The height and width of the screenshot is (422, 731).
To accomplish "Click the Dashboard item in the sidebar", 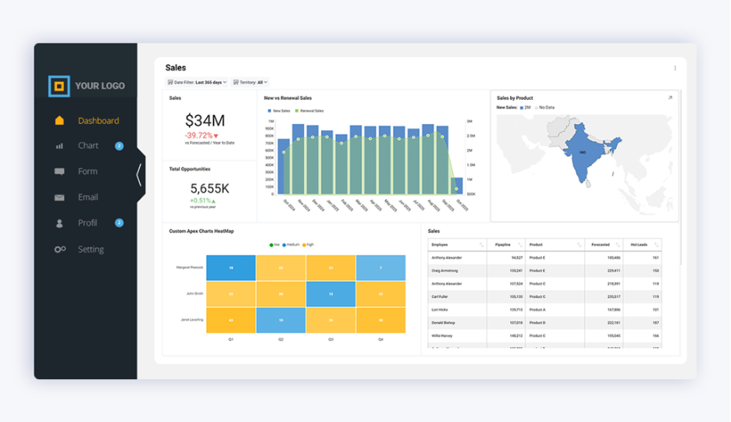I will click(98, 121).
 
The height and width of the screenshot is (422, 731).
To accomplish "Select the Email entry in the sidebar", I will click(87, 197).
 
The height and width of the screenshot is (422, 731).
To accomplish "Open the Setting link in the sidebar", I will click(90, 250).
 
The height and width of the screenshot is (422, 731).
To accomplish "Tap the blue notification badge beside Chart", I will click(119, 146).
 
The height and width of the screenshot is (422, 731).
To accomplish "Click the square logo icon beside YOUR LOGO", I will click(59, 86).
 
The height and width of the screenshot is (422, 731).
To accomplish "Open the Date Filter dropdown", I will click(198, 82).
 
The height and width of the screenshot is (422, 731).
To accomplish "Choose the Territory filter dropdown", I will click(250, 82).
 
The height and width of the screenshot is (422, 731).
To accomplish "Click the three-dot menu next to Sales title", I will click(676, 69).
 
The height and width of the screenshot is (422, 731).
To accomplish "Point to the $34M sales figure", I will click(205, 120).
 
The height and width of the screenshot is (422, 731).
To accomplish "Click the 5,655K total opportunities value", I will click(209, 189).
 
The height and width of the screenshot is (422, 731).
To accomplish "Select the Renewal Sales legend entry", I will click(310, 111).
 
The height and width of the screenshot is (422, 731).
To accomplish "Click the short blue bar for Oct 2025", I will click(457, 186).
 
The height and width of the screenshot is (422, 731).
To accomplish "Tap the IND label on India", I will click(583, 152).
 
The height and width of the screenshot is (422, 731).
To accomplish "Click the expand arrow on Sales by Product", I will click(670, 98).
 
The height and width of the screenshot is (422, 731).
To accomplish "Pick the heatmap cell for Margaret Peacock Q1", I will click(231, 268).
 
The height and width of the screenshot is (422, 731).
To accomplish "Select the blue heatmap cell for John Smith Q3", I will click(330, 294).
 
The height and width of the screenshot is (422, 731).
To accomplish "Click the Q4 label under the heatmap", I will click(380, 339).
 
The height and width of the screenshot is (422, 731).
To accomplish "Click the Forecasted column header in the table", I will click(601, 245).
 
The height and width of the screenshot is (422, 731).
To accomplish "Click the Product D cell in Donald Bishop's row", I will click(537, 322).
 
